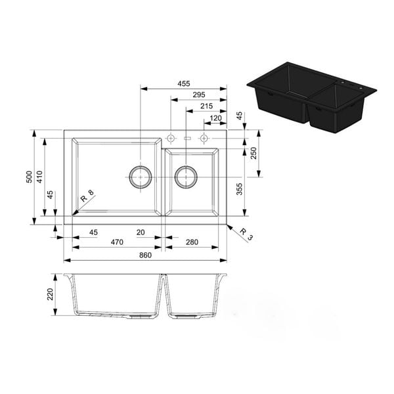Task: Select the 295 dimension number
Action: [x=199, y=95]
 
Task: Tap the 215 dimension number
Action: [x=206, y=106]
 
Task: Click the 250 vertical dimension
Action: [x=254, y=153]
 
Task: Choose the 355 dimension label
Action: [x=240, y=189]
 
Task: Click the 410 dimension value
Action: [x=40, y=177]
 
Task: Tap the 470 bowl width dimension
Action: [x=117, y=242]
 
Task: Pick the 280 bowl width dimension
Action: [x=191, y=242]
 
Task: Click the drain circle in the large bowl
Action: [x=140, y=177]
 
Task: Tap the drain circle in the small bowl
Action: [x=186, y=177]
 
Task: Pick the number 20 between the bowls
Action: [x=141, y=232]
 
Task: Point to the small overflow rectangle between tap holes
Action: [x=187, y=139]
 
